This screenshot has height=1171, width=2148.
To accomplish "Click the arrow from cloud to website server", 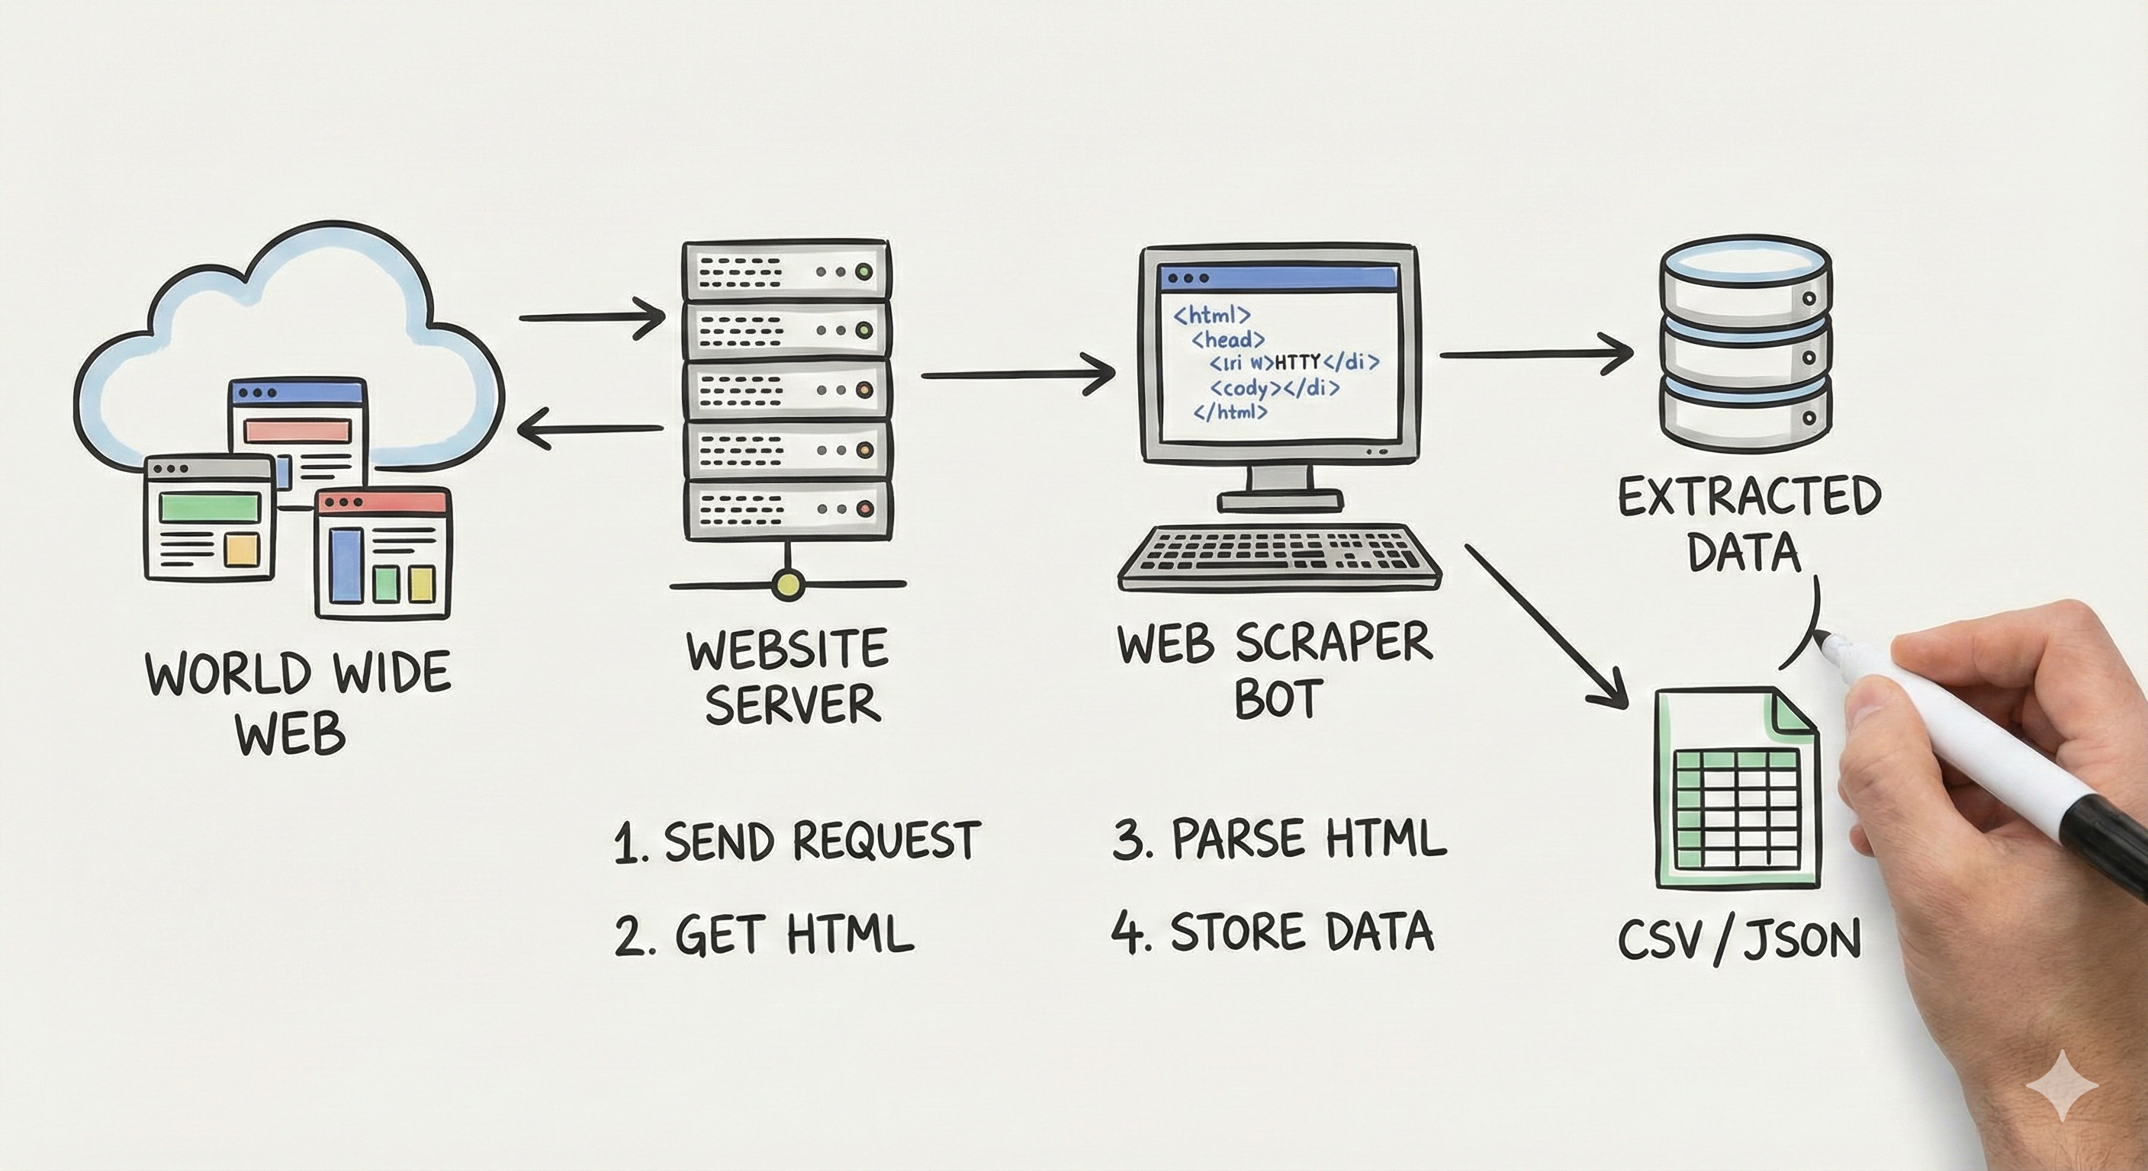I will pyautogui.click(x=592, y=318).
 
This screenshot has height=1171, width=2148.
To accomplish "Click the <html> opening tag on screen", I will pyautogui.click(x=1211, y=316).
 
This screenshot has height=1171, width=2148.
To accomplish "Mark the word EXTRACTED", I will pyautogui.click(x=1748, y=498).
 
